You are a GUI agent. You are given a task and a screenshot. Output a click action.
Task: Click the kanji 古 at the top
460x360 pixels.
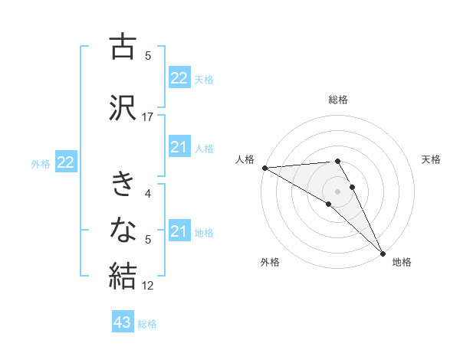pyautogui.click(x=123, y=47)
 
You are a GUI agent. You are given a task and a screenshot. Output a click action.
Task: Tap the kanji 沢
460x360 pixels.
pyautogui.click(x=123, y=107)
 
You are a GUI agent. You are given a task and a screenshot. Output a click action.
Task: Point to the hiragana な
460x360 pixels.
pyautogui.click(x=123, y=229)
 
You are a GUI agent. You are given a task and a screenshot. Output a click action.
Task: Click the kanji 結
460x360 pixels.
pyautogui.click(x=123, y=274)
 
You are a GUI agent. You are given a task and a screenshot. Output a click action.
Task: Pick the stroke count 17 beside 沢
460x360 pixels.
pyautogui.click(x=148, y=117)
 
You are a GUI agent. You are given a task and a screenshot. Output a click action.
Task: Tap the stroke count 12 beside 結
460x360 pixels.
pyautogui.click(x=148, y=286)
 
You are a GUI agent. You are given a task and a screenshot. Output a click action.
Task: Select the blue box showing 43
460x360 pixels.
pyautogui.click(x=123, y=322)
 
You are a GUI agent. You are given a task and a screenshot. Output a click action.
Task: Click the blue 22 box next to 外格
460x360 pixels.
pyautogui.click(x=65, y=162)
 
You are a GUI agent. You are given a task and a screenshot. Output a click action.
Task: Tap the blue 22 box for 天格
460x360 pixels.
pyautogui.click(x=179, y=78)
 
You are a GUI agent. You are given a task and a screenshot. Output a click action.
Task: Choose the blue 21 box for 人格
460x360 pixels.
pyautogui.click(x=179, y=147)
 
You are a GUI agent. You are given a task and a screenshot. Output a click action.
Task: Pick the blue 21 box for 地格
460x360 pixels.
pyautogui.click(x=179, y=231)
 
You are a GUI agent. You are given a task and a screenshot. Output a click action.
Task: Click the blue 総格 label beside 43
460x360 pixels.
pyautogui.click(x=147, y=324)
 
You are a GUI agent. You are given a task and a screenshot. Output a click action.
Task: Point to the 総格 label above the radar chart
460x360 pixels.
pyautogui.click(x=337, y=100)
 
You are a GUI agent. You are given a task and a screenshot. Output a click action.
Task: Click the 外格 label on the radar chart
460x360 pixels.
pyautogui.click(x=270, y=262)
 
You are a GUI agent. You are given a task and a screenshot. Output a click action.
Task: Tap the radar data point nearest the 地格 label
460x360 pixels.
pyautogui.click(x=382, y=252)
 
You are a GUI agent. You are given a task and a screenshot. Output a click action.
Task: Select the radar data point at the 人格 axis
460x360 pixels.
pyautogui.click(x=264, y=168)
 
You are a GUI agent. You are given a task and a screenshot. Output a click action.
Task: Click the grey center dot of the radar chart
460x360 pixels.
pyautogui.click(x=337, y=191)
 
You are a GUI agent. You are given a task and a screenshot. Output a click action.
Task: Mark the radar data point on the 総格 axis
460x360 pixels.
pyautogui.click(x=337, y=161)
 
